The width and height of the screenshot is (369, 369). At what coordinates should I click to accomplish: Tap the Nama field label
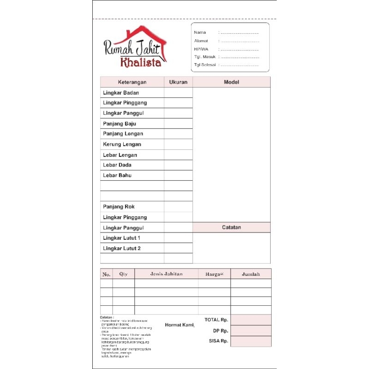(200, 33)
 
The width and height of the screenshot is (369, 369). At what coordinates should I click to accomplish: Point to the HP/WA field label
(201, 49)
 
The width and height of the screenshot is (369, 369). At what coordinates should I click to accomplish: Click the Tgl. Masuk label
(205, 57)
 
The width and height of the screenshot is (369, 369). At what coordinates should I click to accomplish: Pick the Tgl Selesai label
(205, 65)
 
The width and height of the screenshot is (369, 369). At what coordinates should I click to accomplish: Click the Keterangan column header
(132, 82)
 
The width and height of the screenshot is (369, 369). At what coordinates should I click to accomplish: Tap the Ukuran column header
(178, 82)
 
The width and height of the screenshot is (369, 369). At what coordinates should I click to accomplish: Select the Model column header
(232, 82)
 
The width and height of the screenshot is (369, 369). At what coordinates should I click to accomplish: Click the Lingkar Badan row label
(121, 93)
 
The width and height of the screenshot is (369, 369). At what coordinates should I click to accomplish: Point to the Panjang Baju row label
(119, 124)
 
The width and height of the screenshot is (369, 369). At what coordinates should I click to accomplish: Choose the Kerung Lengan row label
(122, 144)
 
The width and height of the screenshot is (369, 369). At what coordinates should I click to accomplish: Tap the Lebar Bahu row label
(117, 175)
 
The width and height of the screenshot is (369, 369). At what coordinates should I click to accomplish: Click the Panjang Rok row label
(119, 207)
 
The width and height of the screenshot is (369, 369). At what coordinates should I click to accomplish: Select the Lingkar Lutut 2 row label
(122, 249)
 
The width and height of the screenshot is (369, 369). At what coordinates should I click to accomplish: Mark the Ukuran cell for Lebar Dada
(178, 165)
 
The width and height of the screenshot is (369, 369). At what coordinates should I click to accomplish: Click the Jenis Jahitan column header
(167, 274)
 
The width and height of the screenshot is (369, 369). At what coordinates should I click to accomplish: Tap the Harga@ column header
(214, 274)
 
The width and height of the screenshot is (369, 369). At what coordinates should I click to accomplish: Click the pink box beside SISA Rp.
(251, 341)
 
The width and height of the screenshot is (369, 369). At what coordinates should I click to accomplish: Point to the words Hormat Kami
(180, 325)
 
